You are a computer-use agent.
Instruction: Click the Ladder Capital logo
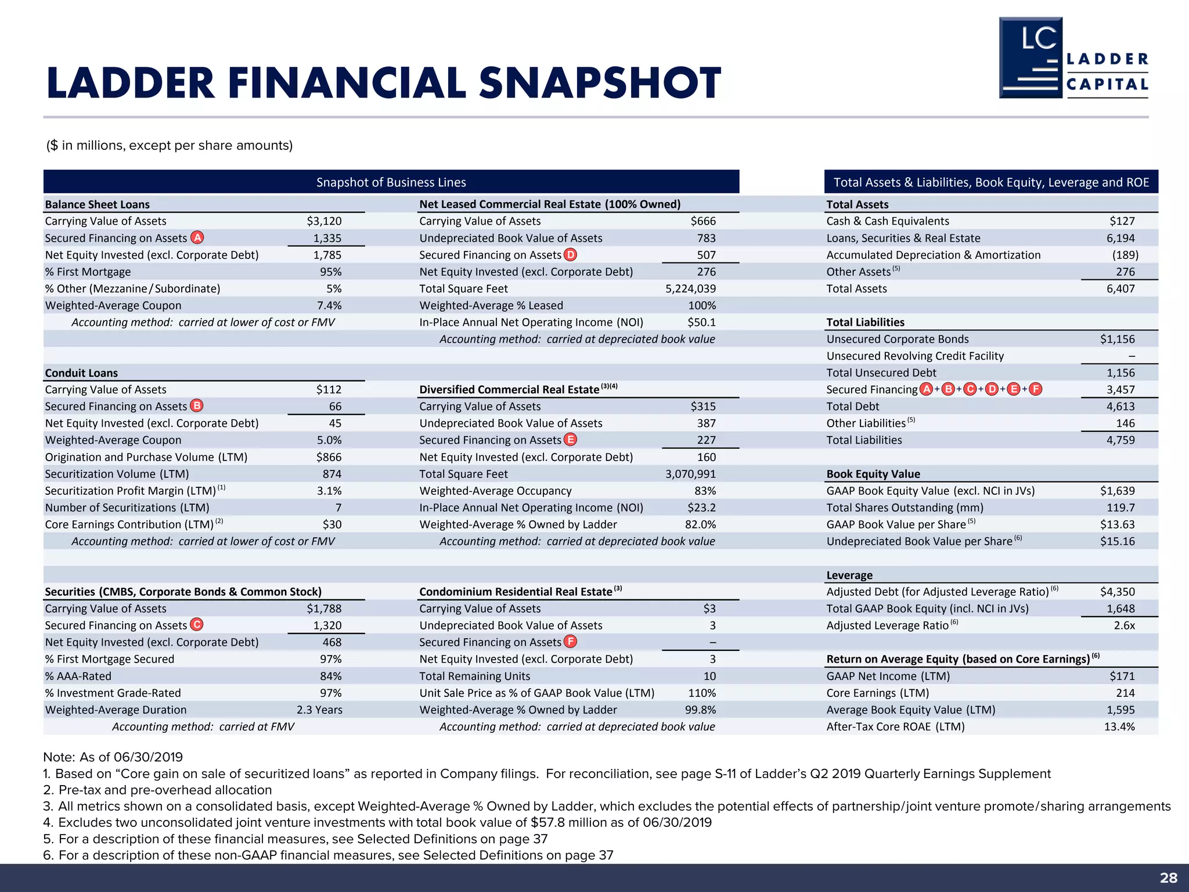[1073, 58]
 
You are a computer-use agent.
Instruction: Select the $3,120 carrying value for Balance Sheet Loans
[324, 221]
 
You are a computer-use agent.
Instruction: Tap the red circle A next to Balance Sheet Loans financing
[197, 238]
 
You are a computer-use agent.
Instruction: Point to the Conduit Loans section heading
[81, 373]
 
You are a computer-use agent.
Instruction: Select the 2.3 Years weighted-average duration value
[319, 710]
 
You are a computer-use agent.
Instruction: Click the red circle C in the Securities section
[197, 625]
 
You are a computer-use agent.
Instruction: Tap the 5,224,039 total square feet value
[690, 289]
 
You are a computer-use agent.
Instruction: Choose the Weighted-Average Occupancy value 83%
[705, 491]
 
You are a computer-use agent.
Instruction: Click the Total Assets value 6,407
[1120, 289]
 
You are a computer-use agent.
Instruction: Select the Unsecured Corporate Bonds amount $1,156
[1117, 339]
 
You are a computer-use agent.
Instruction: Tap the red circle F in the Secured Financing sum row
[1035, 389]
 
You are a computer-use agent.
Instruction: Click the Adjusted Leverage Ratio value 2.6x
[1124, 625]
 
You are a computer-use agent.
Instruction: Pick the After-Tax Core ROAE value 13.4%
[1119, 726]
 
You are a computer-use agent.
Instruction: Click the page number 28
[1168, 877]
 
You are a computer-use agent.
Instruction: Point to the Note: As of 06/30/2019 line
[113, 757]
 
